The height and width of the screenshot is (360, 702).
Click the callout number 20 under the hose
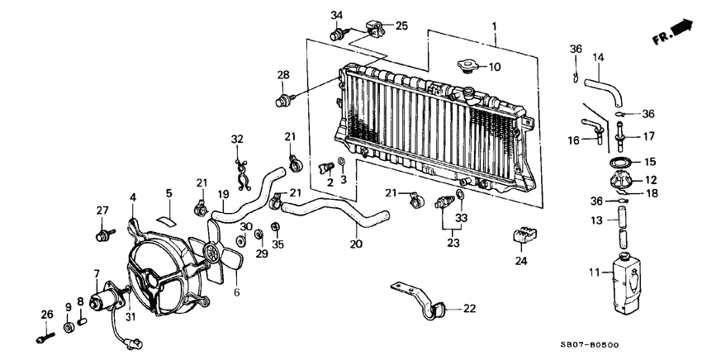tap(356, 244)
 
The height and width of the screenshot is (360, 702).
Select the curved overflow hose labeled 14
tap(602, 90)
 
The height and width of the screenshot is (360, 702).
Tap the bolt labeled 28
tap(282, 102)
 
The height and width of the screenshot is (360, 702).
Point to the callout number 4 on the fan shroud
tap(132, 197)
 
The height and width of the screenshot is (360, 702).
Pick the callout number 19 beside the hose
tap(221, 195)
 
